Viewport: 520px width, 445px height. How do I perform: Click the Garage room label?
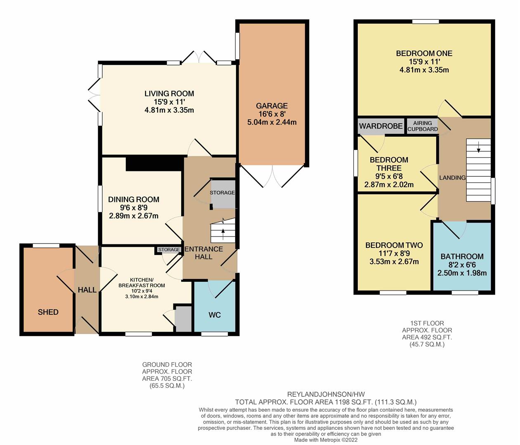pos(272,106)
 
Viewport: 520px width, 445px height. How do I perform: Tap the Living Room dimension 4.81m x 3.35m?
pos(169,110)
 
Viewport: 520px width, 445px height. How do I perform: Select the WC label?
pos(215,315)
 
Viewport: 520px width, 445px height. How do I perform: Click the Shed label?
pos(48,312)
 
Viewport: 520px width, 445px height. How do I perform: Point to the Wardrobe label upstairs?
pos(381,126)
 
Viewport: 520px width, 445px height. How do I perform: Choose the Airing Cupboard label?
pos(423,126)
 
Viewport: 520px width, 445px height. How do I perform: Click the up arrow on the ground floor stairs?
pos(223,234)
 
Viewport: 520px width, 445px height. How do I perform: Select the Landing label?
pos(452,178)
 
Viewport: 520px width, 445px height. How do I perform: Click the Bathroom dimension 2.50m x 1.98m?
pos(462,273)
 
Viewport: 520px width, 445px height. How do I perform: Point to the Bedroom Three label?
pos(389,164)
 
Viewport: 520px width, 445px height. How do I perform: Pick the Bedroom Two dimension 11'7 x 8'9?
pos(394,253)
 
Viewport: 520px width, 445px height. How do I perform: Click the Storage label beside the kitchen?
pos(169,249)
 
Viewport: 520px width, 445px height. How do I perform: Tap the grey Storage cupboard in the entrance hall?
pos(223,194)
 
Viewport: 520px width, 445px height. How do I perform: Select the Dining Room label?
pos(134,199)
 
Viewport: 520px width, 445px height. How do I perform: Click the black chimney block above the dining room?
pos(154,163)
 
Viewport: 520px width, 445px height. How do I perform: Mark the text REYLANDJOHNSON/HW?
pos(326,394)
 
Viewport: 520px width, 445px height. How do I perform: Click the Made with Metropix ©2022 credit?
pos(326,440)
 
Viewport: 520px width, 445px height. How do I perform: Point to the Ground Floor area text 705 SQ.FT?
pos(167,378)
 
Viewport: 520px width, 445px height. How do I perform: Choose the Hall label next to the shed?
pos(87,290)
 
